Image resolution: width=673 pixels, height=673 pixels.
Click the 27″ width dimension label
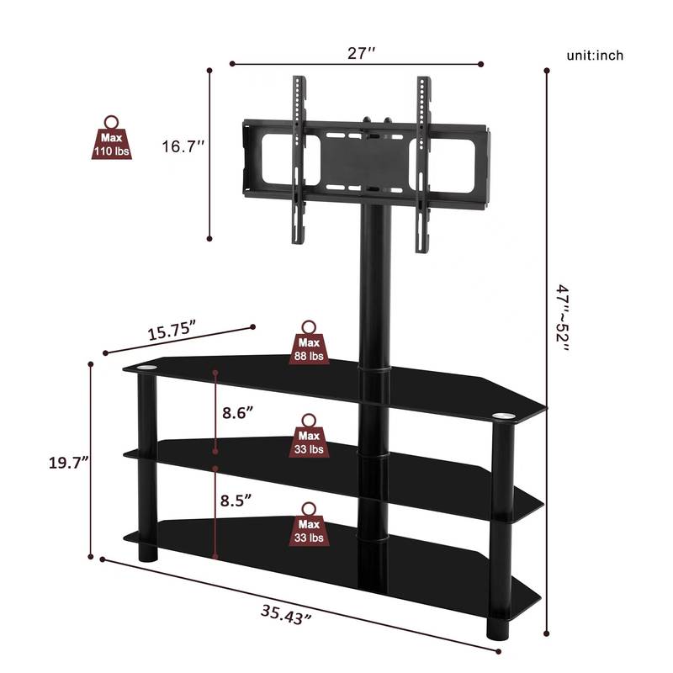coord(361,53)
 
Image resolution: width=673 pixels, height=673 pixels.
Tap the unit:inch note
coord(595,56)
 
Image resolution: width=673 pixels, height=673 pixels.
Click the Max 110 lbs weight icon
coord(112,139)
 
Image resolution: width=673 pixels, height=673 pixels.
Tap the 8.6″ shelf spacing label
coord(239,413)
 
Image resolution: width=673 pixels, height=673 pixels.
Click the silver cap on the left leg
coord(145,369)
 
